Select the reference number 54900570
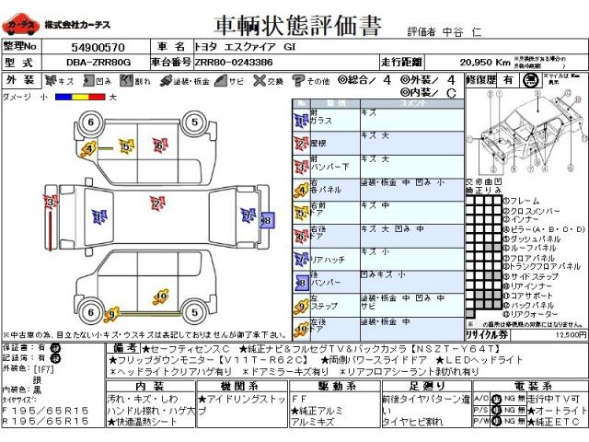[97, 46]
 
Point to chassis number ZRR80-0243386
[234, 61]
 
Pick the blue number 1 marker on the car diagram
[98, 217]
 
